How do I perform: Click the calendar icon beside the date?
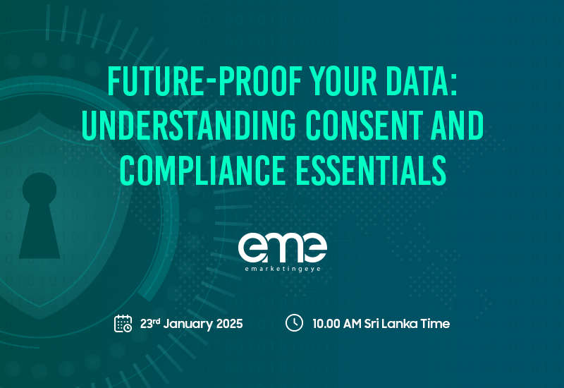pyautogui.click(x=123, y=323)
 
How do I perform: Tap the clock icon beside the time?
pyautogui.click(x=294, y=323)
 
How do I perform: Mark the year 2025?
pyautogui.click(x=228, y=324)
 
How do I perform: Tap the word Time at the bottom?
pyautogui.click(x=436, y=324)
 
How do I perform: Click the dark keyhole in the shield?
pyautogui.click(x=39, y=215)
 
